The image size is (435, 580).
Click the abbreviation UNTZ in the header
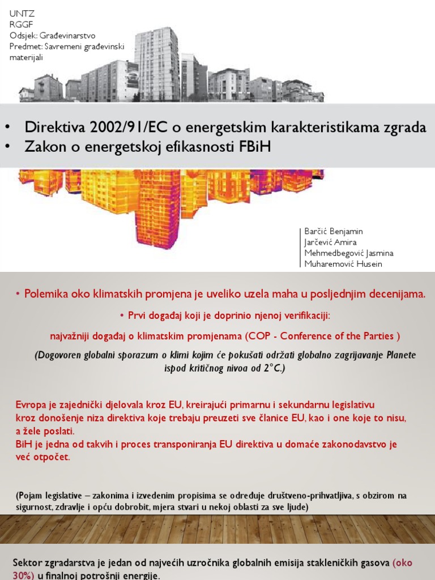click(x=19, y=13)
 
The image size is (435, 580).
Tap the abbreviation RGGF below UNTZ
click(x=19, y=24)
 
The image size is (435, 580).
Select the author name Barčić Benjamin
click(x=334, y=231)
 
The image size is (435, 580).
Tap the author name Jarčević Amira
click(x=331, y=242)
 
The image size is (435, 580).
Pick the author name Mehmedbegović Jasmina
click(x=349, y=253)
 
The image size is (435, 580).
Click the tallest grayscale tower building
click(x=157, y=62)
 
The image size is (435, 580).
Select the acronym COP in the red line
click(x=256, y=336)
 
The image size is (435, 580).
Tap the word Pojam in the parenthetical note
click(x=33, y=496)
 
